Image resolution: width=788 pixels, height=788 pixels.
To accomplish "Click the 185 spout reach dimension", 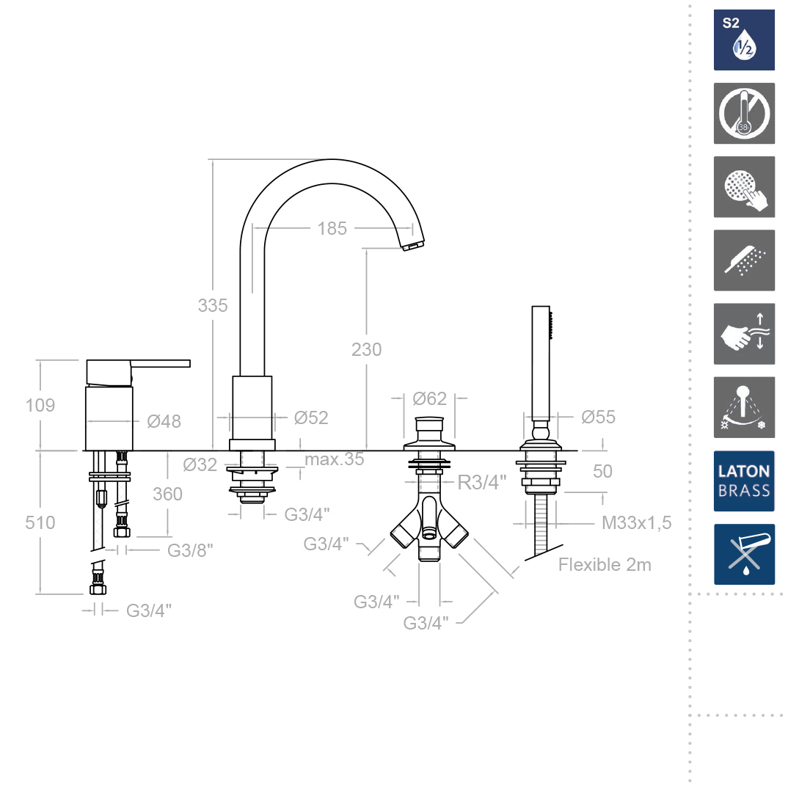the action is (332, 229).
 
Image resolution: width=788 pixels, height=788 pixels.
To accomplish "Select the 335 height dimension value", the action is (213, 305).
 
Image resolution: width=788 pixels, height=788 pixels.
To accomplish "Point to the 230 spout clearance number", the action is (366, 350).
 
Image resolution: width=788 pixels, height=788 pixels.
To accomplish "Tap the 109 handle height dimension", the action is (40, 406).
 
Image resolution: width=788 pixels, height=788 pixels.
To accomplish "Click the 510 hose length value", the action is (40, 523).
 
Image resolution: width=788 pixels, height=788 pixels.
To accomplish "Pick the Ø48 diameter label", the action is (164, 421).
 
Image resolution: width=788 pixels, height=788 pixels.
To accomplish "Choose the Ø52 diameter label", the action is (311, 417).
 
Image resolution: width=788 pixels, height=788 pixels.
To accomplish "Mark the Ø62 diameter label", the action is (430, 399).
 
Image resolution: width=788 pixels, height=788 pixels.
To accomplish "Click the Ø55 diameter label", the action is (598, 417).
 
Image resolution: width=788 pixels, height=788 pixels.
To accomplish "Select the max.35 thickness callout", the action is (334, 459).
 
